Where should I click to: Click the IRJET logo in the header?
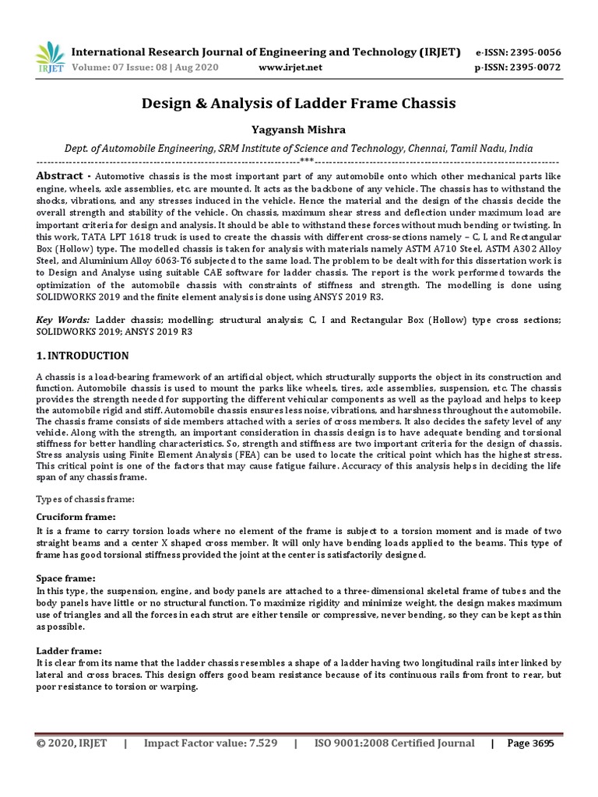[x=50, y=58]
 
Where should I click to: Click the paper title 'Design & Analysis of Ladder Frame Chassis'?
[x=298, y=103]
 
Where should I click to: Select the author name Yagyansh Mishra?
[x=298, y=128]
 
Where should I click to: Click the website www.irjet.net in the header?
[x=290, y=68]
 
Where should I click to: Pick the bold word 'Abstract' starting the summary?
[x=60, y=176]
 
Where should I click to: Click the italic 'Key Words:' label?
[x=62, y=320]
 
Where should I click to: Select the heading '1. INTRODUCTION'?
[x=83, y=356]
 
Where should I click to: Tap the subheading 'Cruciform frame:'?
[x=76, y=517]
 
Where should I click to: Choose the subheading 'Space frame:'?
[x=66, y=578]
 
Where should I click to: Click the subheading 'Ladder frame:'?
[x=69, y=651]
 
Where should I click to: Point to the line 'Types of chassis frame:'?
[x=86, y=498]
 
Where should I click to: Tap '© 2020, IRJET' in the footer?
[x=72, y=743]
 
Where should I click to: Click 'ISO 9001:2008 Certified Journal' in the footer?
[x=394, y=743]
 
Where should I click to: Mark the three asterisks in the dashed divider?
[x=307, y=161]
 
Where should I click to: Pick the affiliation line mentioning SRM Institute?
[x=298, y=148]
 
